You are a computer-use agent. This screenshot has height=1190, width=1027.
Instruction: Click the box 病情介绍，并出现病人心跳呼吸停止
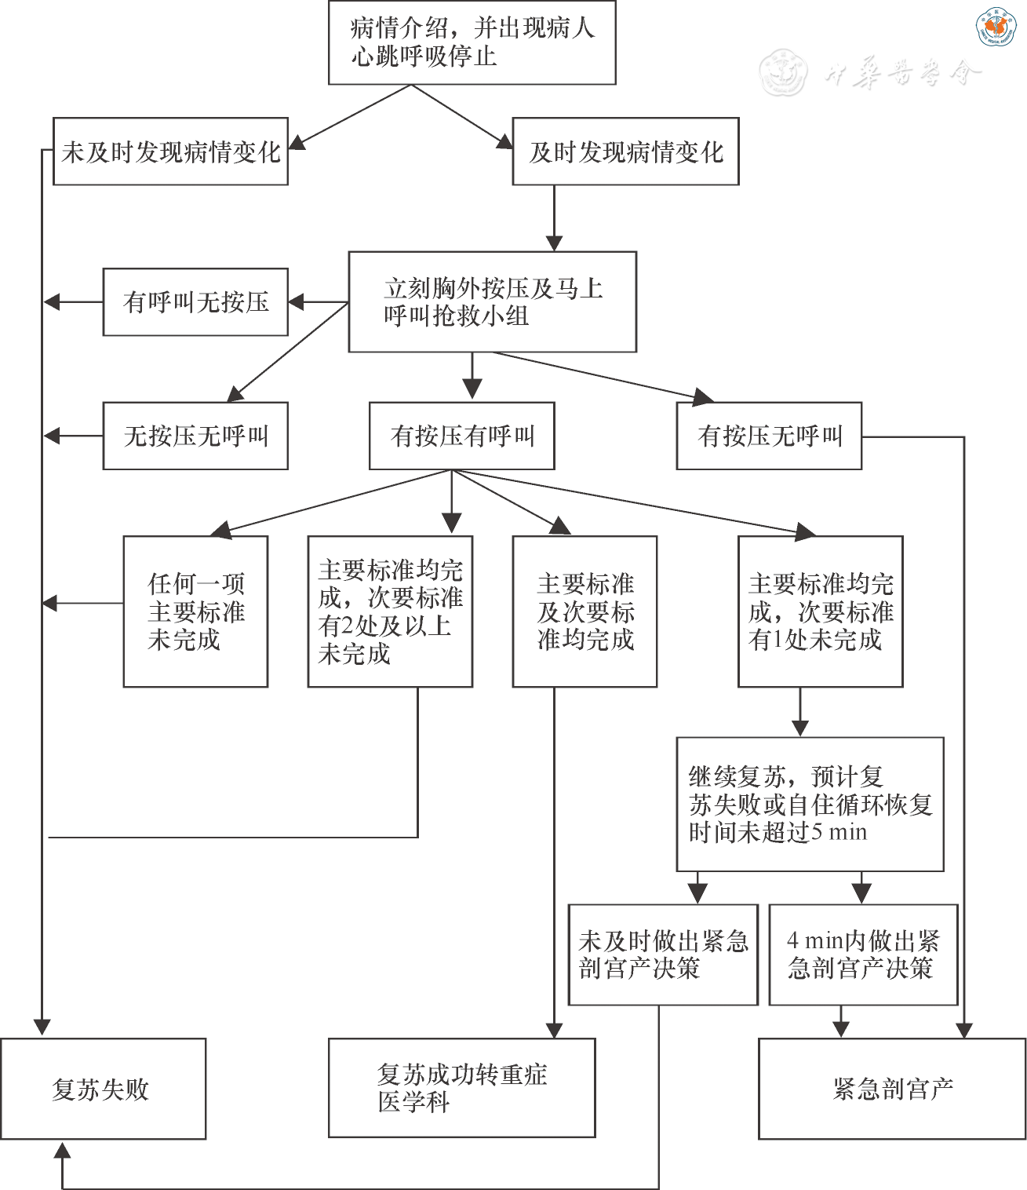[x=472, y=42]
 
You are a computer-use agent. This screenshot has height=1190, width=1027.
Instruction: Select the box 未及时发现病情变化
[x=170, y=151]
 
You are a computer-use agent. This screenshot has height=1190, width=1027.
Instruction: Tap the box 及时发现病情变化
[x=625, y=151]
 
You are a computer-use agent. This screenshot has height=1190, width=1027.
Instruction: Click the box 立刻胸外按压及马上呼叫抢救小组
[x=492, y=301]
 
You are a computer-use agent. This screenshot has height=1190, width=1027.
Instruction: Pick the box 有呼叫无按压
[x=195, y=302]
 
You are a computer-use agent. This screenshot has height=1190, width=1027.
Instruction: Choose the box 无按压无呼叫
[x=195, y=436]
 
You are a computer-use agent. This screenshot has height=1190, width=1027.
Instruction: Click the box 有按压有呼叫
[x=461, y=436]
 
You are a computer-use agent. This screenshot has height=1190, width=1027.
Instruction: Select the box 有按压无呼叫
[x=769, y=436]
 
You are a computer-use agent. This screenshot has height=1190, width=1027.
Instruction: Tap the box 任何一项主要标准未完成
[x=195, y=611]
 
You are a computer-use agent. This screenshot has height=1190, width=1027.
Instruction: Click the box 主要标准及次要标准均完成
[x=585, y=611]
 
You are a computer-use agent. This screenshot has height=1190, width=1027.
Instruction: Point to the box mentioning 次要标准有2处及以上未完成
[x=390, y=611]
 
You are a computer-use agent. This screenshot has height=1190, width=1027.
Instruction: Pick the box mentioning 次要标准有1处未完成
[x=820, y=611]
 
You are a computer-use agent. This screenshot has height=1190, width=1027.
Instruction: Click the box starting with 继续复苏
[x=810, y=804]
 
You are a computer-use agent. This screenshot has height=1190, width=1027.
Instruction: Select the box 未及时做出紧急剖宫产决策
[x=663, y=955]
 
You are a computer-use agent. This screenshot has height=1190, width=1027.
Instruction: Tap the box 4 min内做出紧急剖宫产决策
[x=863, y=955]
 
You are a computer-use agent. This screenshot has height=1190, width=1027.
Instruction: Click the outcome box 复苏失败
[x=103, y=1089]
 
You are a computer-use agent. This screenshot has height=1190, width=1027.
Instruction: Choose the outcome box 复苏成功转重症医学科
[x=461, y=1088]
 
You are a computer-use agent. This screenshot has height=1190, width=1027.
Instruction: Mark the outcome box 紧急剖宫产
[x=892, y=1089]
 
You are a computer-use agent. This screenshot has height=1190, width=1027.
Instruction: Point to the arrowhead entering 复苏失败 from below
[x=62, y=1151]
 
